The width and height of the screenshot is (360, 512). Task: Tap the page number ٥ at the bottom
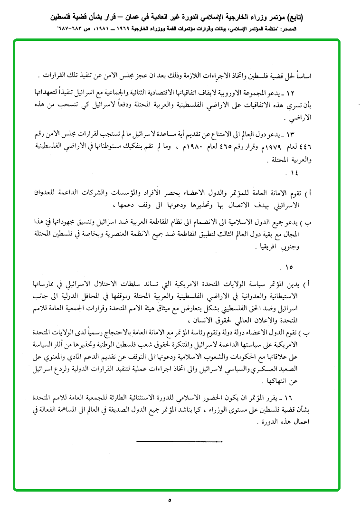pyautogui.click(x=169, y=500)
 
